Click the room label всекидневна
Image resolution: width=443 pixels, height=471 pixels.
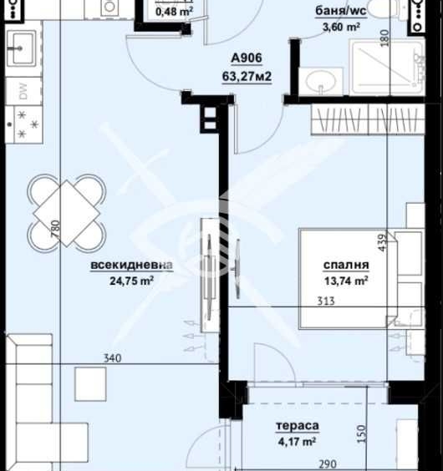coord(132,266)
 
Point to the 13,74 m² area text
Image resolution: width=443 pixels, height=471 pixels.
coord(345,281)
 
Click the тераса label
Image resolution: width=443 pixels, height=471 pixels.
coord(297,426)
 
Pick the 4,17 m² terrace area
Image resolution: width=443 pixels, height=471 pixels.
coord(297,440)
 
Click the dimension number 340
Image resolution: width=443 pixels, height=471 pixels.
coord(112,358)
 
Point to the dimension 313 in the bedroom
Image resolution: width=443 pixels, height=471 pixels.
coord(326,301)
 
